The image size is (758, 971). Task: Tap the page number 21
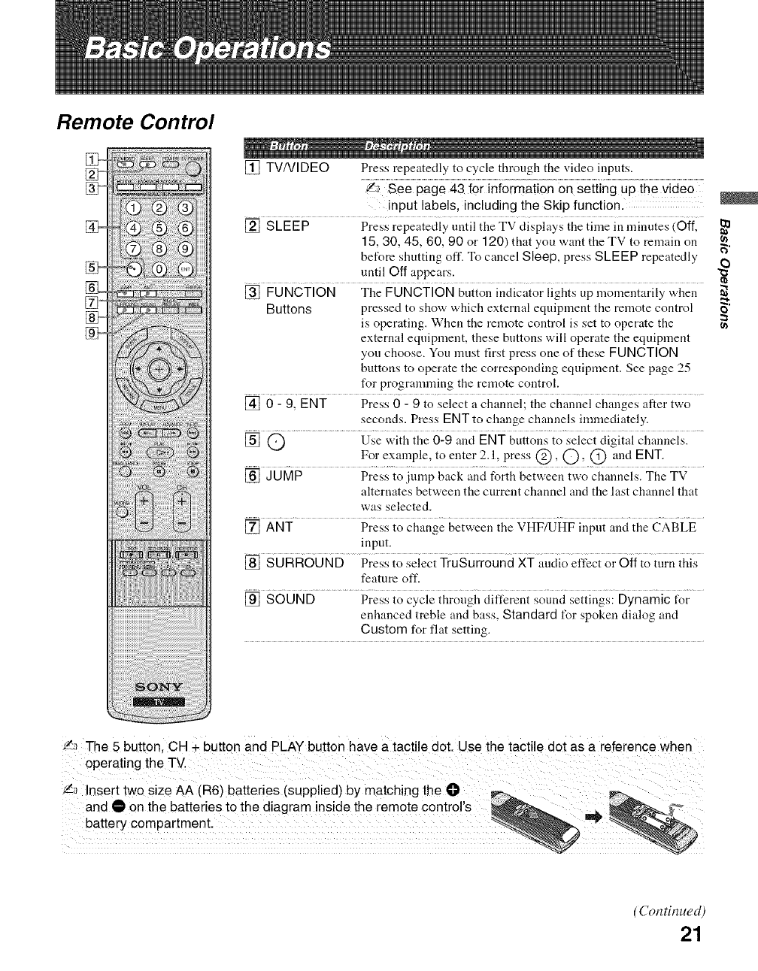pyautogui.click(x=691, y=934)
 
